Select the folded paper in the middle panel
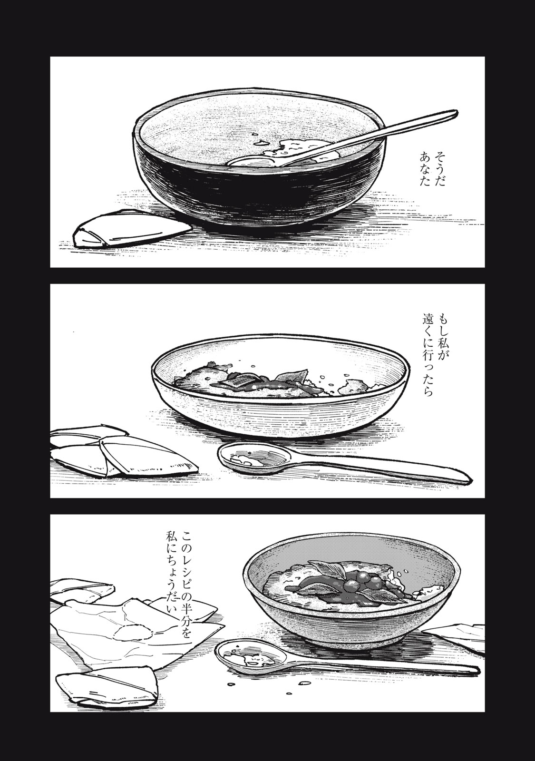(119, 452)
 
